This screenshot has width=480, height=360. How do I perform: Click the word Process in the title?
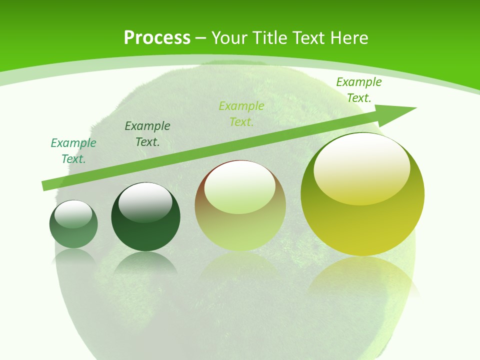[157, 37]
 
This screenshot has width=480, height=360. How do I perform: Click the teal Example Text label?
[73, 151]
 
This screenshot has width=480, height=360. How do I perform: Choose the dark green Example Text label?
[147, 134]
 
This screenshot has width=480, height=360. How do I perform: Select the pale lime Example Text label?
[241, 114]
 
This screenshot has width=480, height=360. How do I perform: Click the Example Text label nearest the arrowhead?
[358, 90]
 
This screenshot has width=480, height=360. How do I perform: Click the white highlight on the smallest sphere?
[73, 214]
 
